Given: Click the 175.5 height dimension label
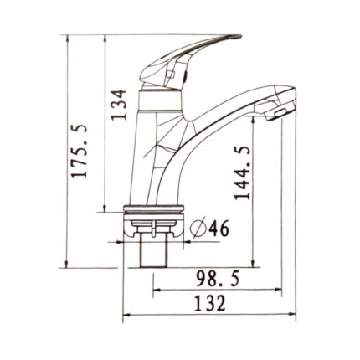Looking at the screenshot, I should coord(80,152).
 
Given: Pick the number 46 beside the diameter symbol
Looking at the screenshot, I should coord(220,227).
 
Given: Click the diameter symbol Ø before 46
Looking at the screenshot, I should coord(198,228).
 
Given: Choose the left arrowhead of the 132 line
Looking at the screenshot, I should coord(126,316).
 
